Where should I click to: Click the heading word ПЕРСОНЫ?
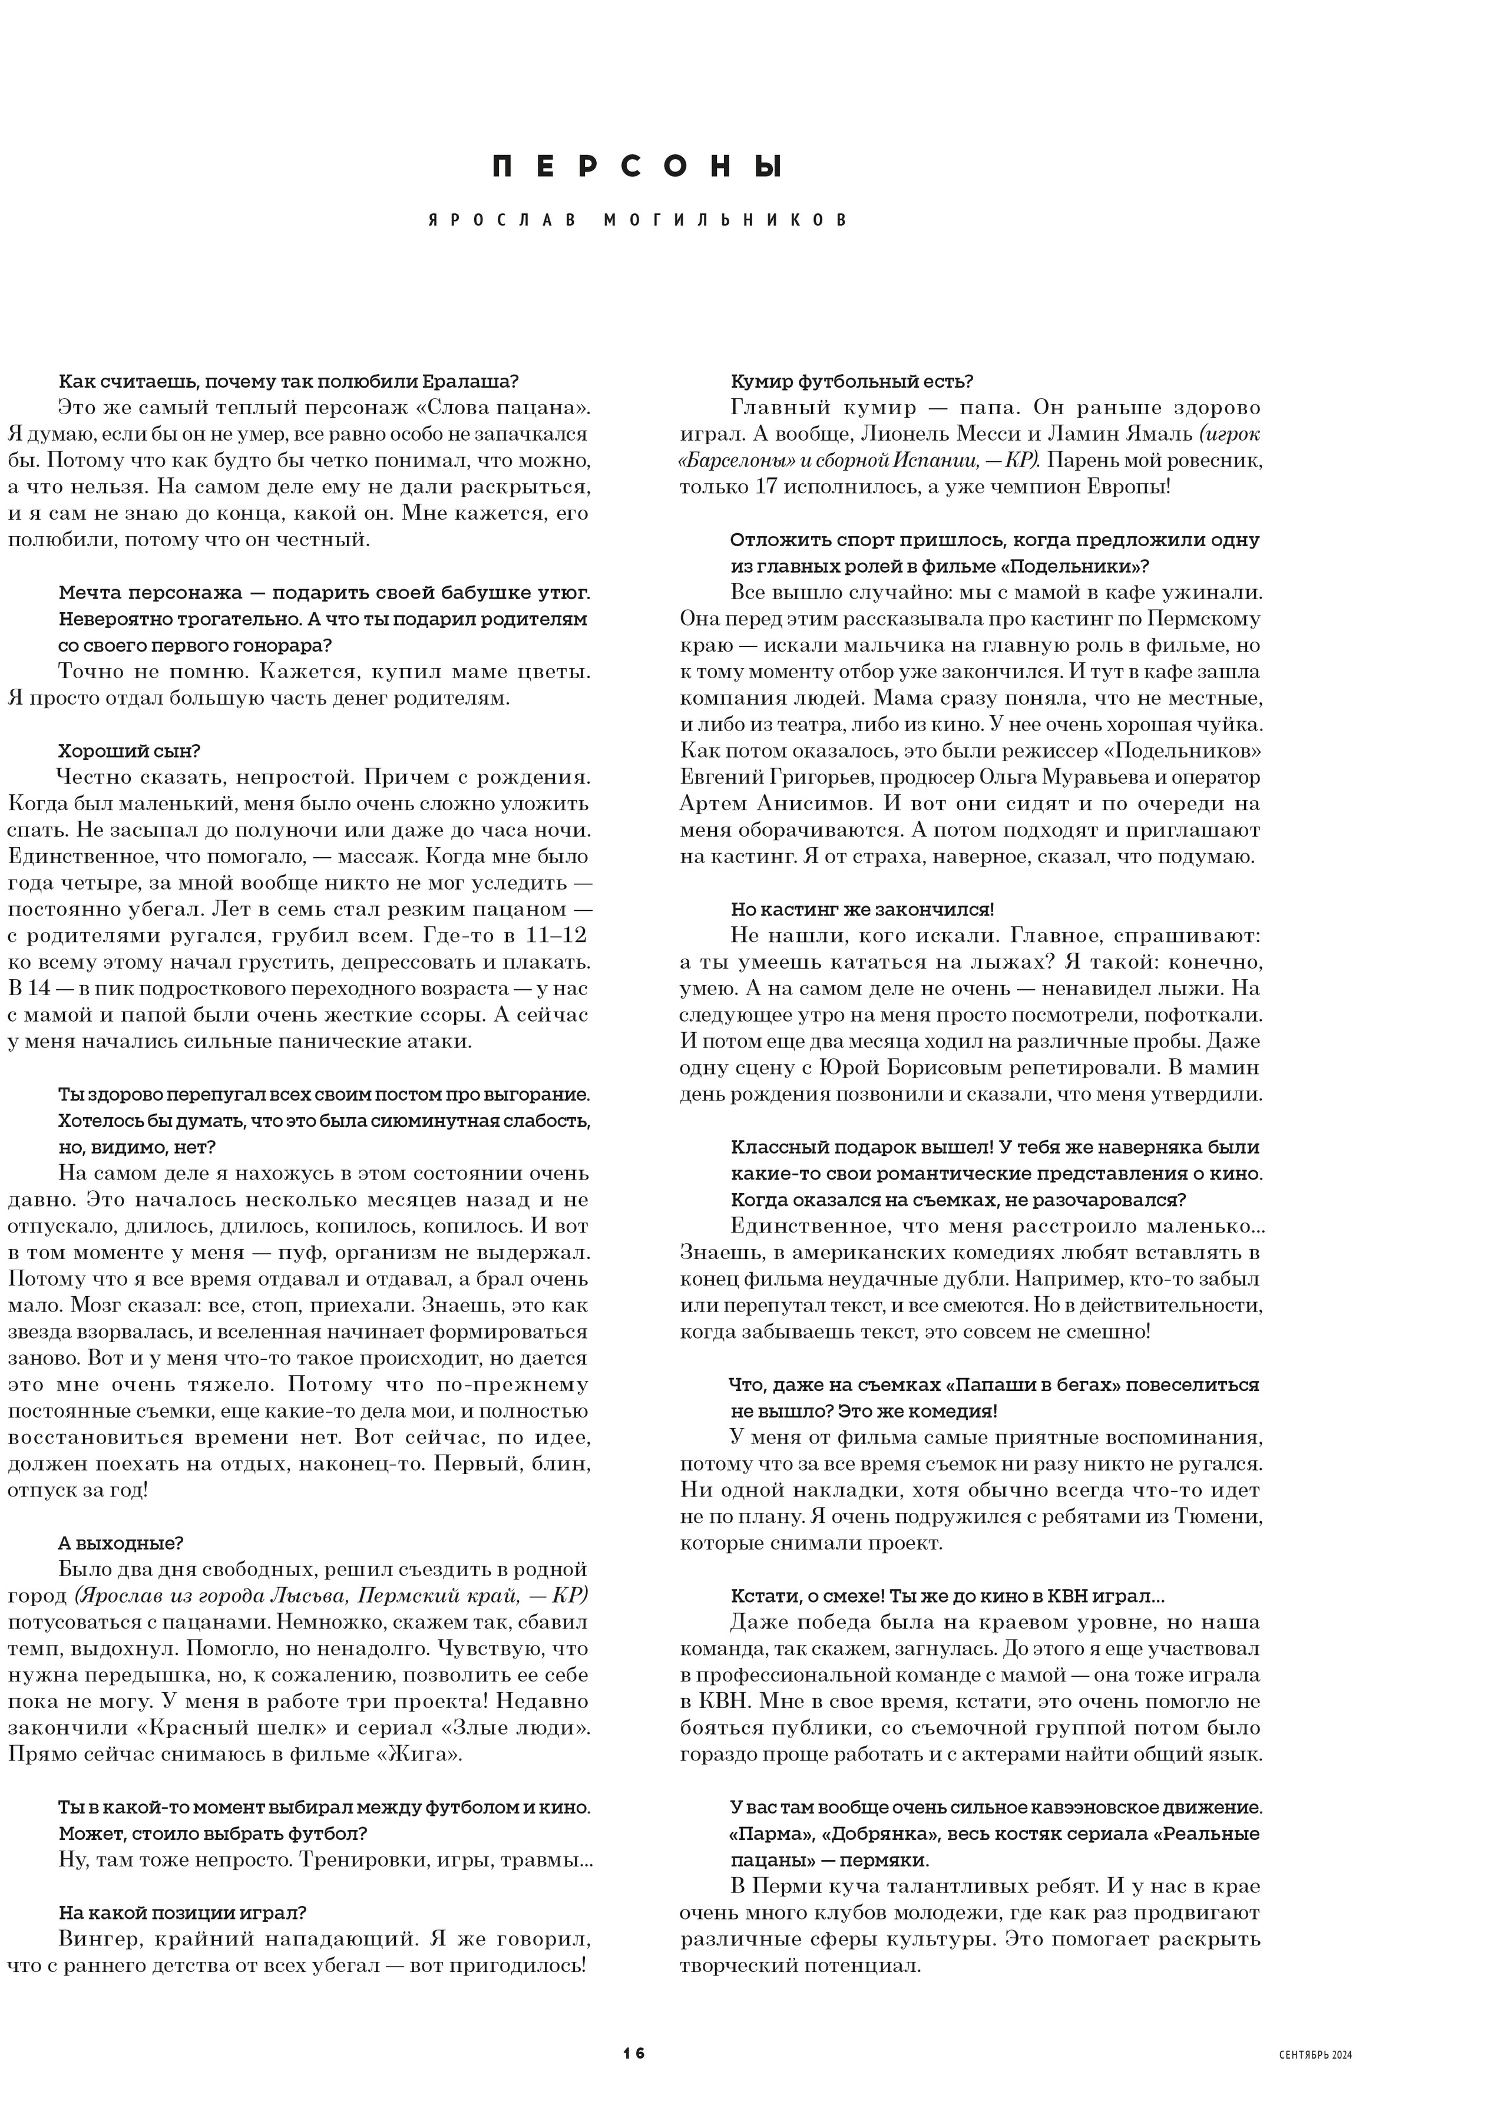pos(636,167)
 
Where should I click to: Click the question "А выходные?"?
pos(121,1544)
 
